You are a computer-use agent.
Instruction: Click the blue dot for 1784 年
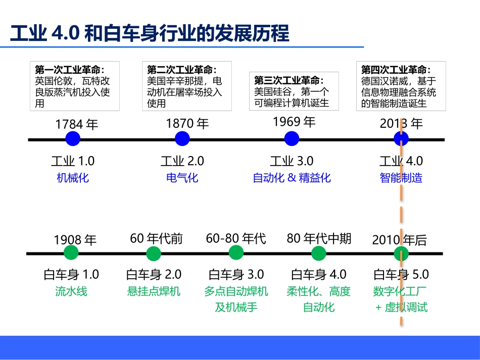pos(73,139)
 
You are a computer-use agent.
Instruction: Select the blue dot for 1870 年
pos(182,139)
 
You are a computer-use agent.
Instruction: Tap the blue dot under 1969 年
pos(292,139)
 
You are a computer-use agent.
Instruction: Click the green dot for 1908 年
pos(71,253)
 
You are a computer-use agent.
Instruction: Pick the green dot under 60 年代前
pos(154,253)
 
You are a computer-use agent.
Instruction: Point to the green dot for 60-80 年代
pos(236,252)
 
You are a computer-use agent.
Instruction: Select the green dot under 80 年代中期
pos(318,253)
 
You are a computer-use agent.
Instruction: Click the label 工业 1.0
pos(73,161)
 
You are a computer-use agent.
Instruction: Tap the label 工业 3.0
pos(292,161)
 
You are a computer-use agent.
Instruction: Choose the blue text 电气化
pos(182,178)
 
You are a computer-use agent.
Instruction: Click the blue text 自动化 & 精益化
pos(292,178)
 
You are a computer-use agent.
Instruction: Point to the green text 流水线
pos(71,291)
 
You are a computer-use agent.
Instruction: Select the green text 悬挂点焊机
pos(154,291)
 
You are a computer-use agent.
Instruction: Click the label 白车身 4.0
pos(319,275)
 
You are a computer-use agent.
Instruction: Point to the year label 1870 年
pos(187,124)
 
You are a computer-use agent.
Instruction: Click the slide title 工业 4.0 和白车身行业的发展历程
pos(150,33)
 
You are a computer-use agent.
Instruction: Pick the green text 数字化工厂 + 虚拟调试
pos(401,299)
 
